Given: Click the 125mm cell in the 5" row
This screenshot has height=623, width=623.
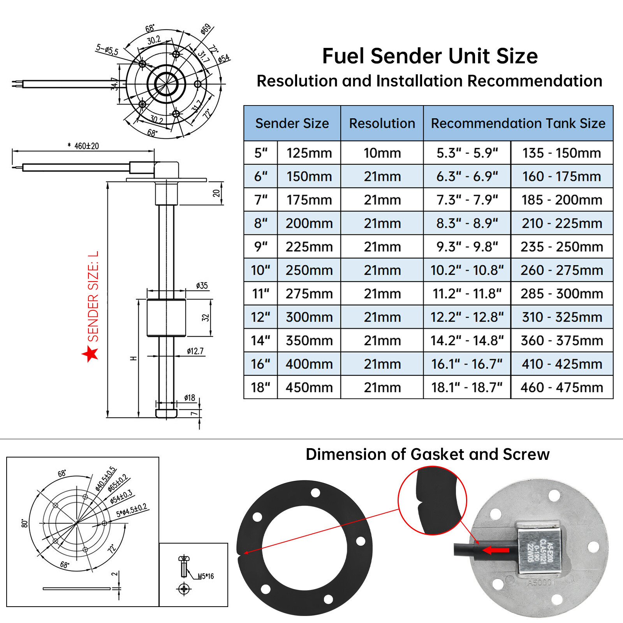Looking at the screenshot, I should point(309,153).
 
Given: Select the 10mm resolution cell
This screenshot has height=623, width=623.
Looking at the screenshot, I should point(382,153).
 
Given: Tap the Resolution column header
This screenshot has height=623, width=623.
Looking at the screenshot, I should point(382,123).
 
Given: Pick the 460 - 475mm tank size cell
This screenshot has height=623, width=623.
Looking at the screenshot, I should point(561,387).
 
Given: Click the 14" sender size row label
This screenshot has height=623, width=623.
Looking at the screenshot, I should point(260,341).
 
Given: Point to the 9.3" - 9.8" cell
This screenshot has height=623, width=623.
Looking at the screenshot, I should point(467,247).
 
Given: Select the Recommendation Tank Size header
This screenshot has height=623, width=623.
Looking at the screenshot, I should point(518,123).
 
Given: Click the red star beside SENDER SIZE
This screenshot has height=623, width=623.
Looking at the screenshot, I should point(90,354).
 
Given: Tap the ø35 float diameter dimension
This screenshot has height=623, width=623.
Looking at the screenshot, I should point(202,286).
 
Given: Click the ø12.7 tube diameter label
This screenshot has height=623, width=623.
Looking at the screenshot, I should point(195,351).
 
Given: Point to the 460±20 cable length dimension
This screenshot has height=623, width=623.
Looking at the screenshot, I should point(86,146).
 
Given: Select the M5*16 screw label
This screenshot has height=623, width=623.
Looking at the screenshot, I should point(205,576).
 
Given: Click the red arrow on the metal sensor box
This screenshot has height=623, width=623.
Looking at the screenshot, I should point(496,550).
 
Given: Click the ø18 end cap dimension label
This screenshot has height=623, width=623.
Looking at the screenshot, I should point(190,398).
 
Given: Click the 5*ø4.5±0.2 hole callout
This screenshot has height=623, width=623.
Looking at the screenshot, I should point(132,510).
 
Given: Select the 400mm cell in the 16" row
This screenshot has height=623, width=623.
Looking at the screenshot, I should point(309,364).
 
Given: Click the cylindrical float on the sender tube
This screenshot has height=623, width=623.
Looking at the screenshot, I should point(166,318).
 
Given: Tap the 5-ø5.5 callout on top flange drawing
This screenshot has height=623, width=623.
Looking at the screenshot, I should point(107,50).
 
